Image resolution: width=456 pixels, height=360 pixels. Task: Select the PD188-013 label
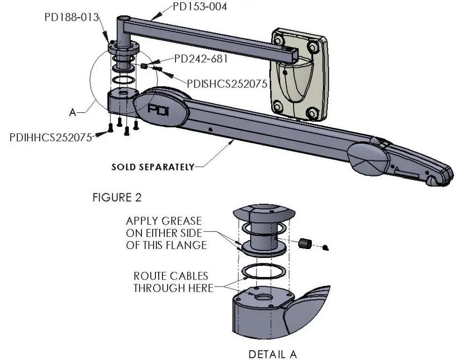(x=71, y=18)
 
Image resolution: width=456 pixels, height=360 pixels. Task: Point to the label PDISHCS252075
(x=227, y=83)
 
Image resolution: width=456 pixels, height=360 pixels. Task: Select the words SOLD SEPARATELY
(x=153, y=167)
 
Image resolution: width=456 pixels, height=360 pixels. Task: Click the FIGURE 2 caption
(x=117, y=198)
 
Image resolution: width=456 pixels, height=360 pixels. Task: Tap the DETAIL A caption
(x=272, y=354)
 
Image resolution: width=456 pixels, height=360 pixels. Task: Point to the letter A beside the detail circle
(x=72, y=112)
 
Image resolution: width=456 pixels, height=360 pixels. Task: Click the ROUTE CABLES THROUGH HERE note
(x=170, y=282)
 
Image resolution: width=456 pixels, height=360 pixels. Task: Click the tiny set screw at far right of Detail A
(x=326, y=248)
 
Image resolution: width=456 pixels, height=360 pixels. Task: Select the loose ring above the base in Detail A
(x=264, y=272)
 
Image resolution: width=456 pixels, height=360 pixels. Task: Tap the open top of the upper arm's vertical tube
(x=124, y=19)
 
